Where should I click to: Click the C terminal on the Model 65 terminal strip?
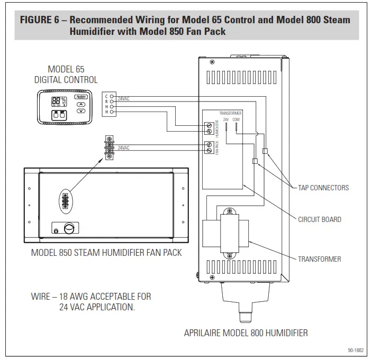tap(112, 96)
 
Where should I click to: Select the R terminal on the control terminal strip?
tap(112, 101)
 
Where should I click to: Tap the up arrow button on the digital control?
tap(81, 105)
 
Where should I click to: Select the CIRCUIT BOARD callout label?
tap(320, 219)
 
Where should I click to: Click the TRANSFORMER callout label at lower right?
tap(319, 259)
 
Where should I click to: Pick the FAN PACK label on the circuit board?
tap(216, 148)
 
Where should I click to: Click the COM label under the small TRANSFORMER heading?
tap(236, 119)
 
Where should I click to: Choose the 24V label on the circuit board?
tap(226, 119)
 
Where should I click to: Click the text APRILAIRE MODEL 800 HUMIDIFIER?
tap(246, 333)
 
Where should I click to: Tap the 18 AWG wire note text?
tap(91, 302)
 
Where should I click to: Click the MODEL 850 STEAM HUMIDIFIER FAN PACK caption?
tap(106, 253)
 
